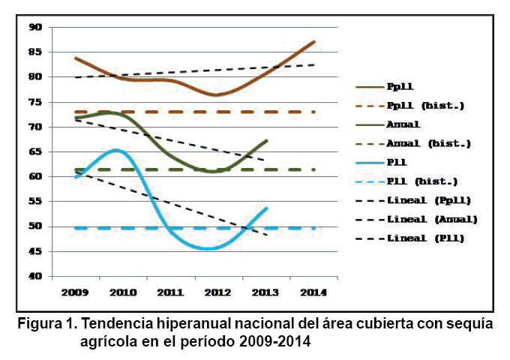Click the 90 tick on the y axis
(35, 27)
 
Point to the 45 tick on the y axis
(35, 251)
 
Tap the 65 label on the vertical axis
(35, 151)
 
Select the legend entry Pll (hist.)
(422, 181)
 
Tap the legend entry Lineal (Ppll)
(429, 200)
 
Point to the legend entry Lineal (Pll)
(425, 238)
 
